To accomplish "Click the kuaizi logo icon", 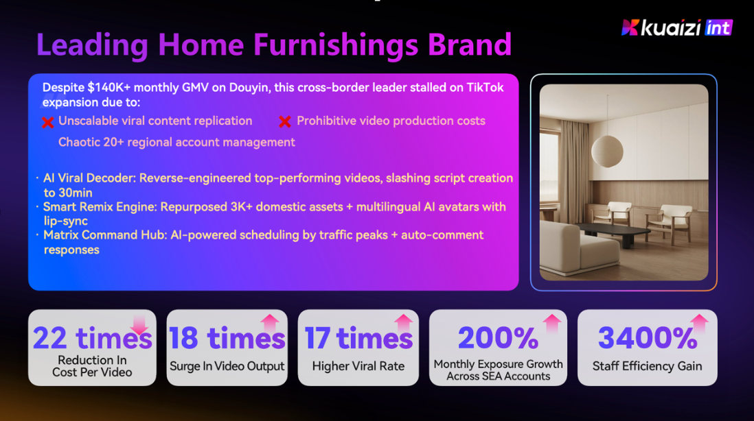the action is click(630, 27).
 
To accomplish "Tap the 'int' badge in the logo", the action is click(718, 28).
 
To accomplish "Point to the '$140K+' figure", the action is click(109, 87).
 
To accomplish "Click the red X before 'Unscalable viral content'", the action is click(47, 123).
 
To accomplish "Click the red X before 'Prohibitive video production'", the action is click(285, 122).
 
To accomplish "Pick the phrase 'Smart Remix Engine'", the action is click(100, 207).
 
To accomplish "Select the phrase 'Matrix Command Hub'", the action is click(105, 234).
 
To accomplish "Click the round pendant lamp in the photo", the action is click(607, 151).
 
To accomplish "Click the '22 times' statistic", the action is click(92, 338).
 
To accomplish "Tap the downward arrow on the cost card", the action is click(139, 324).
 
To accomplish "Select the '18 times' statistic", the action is click(227, 338).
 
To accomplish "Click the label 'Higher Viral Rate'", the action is click(358, 366).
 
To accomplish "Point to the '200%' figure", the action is click(498, 338).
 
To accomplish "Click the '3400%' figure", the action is click(648, 338).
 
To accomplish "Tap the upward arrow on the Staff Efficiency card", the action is click(699, 324).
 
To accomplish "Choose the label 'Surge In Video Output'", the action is click(227, 366).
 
